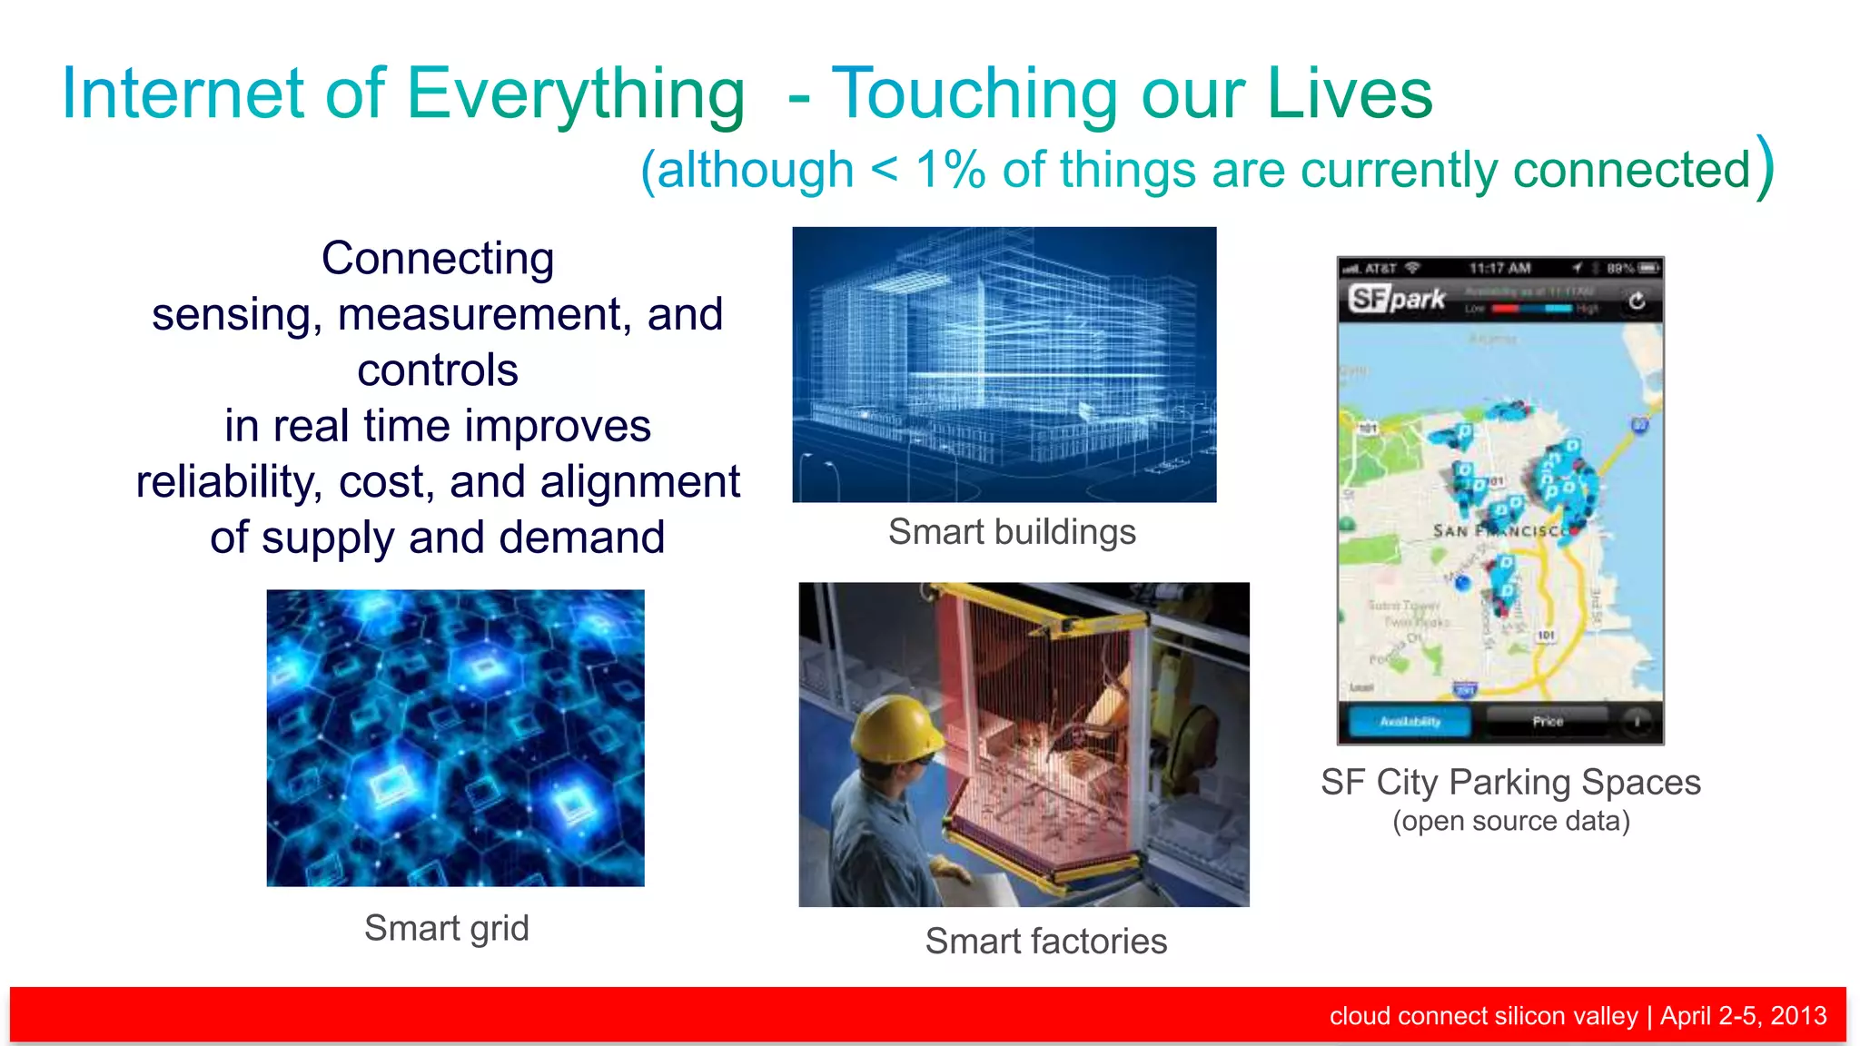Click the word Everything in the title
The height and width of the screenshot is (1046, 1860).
click(575, 94)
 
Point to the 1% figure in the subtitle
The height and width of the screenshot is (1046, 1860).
click(950, 170)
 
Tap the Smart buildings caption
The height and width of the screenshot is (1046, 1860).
click(1012, 532)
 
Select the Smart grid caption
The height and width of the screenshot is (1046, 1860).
click(446, 928)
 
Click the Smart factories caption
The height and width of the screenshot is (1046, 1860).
click(1045, 941)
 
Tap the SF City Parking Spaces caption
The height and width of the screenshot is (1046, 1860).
click(1510, 782)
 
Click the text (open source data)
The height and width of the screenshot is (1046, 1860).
click(1510, 821)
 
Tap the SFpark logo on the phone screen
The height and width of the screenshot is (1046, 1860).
click(1397, 299)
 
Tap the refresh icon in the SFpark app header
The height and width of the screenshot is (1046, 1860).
click(1637, 301)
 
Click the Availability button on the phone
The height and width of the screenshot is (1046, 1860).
click(1410, 722)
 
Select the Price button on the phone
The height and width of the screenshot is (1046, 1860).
click(1548, 722)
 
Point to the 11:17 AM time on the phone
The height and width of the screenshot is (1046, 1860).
click(1499, 268)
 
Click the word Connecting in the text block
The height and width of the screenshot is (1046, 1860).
click(438, 259)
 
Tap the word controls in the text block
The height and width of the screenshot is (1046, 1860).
click(438, 370)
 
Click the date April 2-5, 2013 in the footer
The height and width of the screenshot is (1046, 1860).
click(1743, 1015)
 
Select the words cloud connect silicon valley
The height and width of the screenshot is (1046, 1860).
click(1483, 1015)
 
